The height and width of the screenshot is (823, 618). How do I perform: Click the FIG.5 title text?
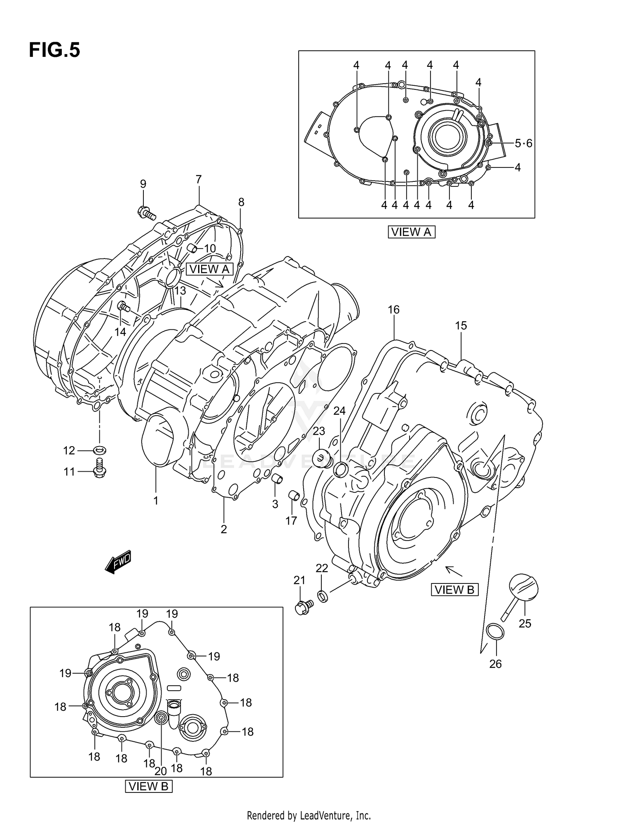[54, 50]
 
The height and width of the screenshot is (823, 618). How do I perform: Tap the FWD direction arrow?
[118, 562]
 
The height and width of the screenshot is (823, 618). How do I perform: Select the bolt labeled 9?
[147, 213]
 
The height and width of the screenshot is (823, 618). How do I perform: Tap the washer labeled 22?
[323, 596]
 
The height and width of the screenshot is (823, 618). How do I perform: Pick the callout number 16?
[393, 310]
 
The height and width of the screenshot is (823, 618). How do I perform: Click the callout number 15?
[461, 326]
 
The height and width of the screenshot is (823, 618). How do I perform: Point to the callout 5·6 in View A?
[524, 143]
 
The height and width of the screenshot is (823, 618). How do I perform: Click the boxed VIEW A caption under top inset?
[411, 232]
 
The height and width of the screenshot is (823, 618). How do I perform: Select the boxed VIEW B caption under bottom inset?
[148, 786]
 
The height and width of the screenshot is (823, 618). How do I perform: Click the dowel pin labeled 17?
[294, 495]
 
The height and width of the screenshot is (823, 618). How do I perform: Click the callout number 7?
[199, 179]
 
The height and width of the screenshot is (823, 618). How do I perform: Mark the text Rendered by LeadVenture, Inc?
[309, 815]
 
